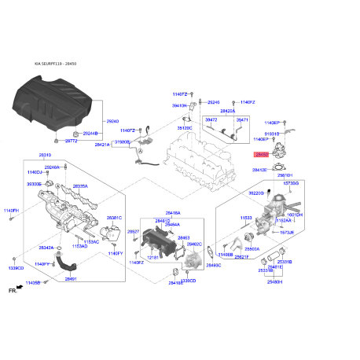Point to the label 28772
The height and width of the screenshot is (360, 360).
71,141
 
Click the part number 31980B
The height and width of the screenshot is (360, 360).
123,142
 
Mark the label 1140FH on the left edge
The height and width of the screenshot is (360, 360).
10,211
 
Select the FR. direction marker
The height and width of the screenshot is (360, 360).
11,291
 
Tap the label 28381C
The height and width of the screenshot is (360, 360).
115,218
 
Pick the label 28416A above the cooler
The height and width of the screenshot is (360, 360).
173,212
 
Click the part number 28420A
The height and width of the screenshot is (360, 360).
228,111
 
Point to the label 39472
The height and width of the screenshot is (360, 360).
211,120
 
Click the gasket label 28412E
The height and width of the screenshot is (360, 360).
260,169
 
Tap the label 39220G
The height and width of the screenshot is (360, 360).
256,193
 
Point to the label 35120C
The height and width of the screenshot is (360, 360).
185,127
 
